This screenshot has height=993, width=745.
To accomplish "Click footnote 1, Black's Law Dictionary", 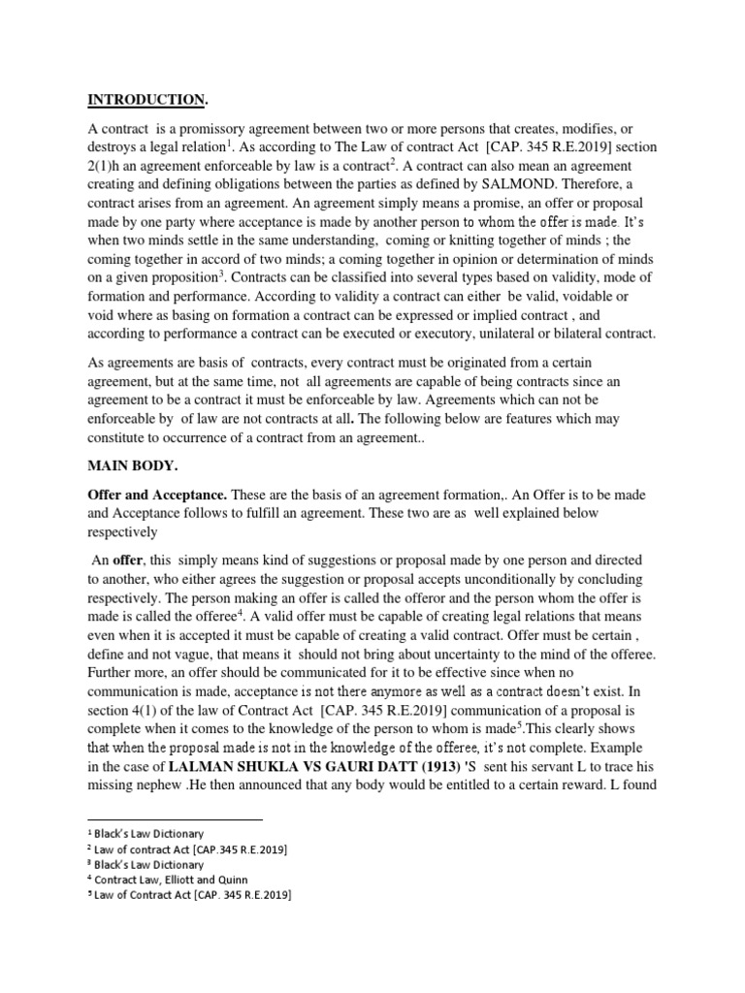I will point(146,833).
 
